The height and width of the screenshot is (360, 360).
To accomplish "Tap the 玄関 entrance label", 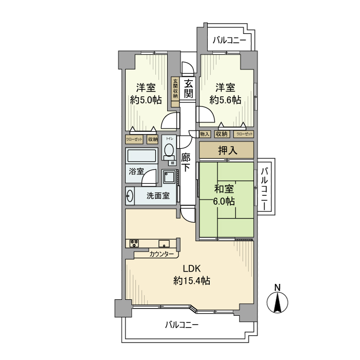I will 189,88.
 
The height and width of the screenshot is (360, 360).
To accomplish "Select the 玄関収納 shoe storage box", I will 175,88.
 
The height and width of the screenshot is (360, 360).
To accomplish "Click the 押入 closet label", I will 226,150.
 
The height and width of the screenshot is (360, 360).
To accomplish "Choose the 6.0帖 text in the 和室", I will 224,201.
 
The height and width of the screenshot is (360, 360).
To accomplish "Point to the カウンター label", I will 161,254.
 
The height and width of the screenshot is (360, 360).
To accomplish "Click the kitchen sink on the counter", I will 164,244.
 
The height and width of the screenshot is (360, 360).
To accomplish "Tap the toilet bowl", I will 169,150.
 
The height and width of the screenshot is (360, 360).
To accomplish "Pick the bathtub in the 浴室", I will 141,156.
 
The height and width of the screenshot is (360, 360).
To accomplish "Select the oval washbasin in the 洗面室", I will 130,195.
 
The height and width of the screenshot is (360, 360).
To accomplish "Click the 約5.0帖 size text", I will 146,100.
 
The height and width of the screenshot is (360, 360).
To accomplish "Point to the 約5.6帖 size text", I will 225,100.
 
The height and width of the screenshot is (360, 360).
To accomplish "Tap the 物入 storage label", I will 205,134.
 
